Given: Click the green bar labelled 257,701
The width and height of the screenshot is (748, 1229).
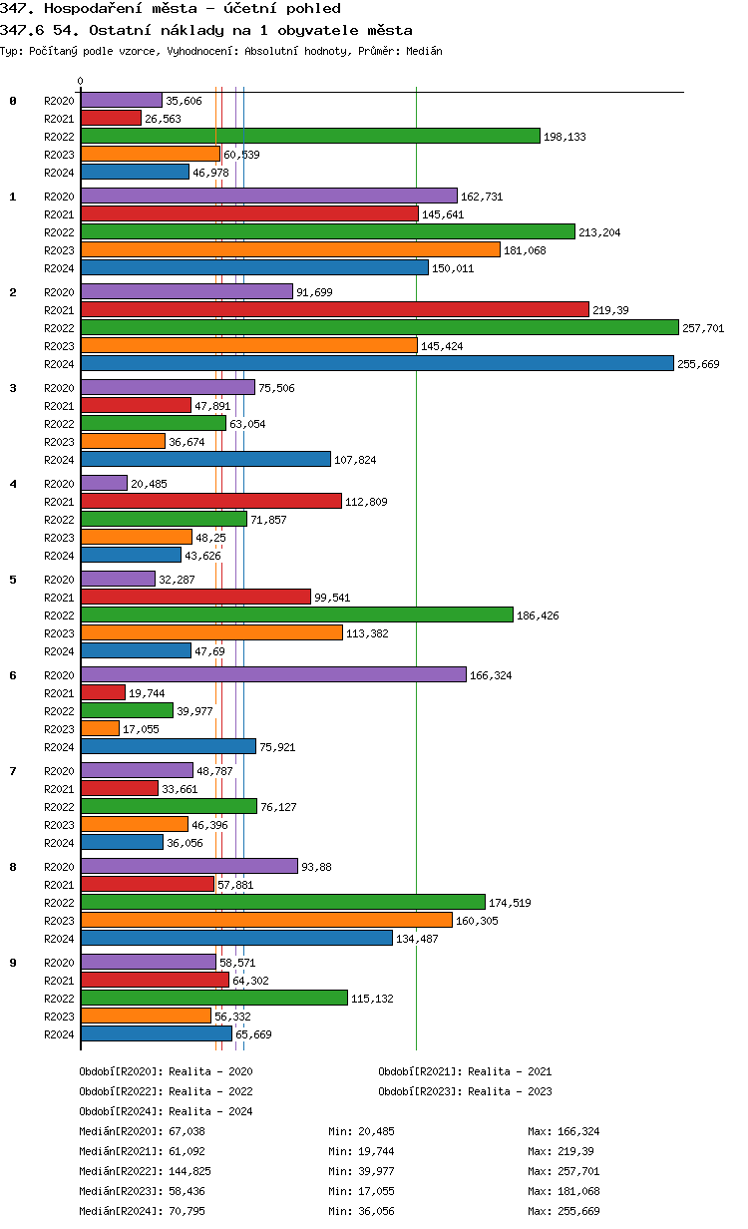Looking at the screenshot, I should coord(379,327).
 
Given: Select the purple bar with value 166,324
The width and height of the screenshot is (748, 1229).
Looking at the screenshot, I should coord(273,674).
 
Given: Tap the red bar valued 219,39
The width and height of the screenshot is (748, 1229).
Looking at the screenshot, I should coord(334,309).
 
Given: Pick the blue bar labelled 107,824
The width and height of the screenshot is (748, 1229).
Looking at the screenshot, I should coord(205,459).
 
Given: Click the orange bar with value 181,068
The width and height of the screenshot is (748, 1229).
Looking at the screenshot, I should coord(290,249).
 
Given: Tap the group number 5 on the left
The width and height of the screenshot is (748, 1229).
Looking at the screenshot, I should coord(13,580).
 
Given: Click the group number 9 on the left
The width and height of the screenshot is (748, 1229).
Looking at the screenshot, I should coord(13,963).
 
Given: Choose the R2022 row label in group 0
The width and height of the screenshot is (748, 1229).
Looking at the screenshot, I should coord(59,137).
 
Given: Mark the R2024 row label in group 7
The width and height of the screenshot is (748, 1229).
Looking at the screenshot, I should coord(59,843).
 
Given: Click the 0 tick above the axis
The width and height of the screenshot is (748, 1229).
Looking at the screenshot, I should coord(81,81).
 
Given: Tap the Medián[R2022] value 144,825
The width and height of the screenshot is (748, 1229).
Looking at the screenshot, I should coord(190,1171).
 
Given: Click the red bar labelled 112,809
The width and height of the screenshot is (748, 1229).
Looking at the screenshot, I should coord(211,501).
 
